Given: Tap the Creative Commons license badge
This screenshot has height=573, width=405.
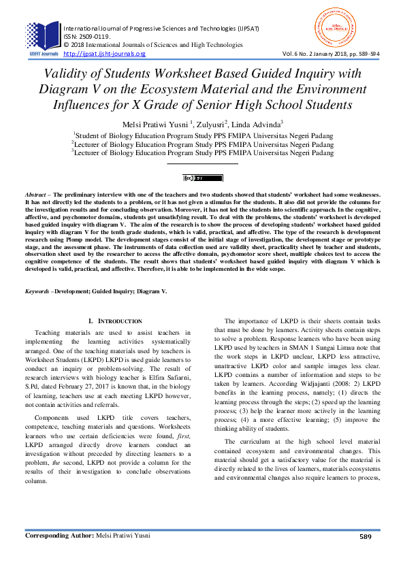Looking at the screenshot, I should coord(203,178).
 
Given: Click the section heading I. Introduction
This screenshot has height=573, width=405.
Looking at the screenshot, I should coord(115,321).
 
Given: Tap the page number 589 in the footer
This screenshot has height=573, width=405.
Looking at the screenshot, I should coord(365,555).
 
